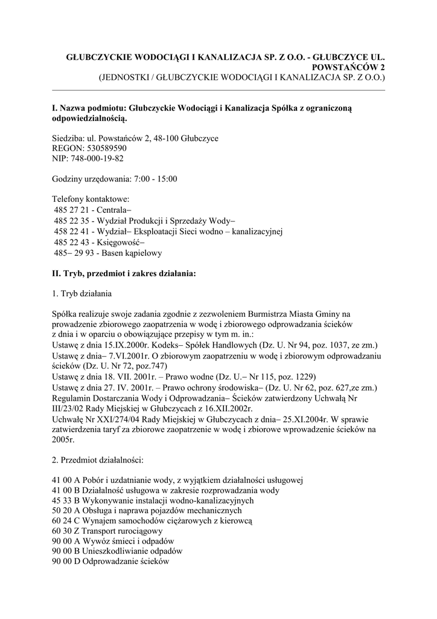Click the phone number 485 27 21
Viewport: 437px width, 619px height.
tap(69, 209)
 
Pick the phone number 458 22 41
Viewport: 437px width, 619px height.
tap(69, 231)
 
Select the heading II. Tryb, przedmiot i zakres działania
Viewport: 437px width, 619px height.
tap(124, 273)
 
